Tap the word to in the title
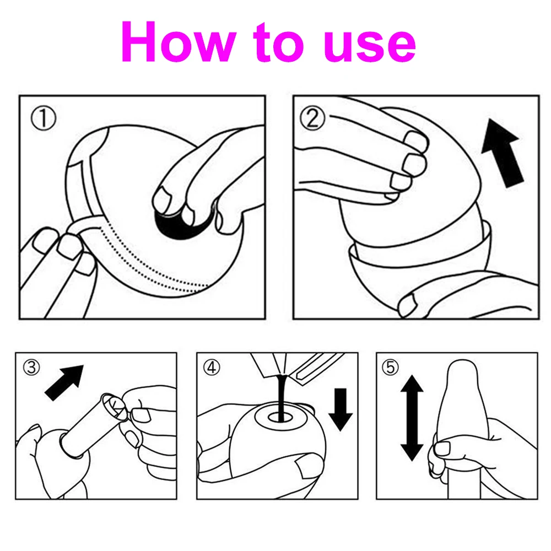[278, 41]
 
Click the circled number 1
[44, 118]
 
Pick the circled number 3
[31, 368]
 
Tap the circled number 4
[212, 368]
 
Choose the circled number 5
[391, 368]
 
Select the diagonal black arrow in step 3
[64, 383]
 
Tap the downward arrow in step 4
[341, 409]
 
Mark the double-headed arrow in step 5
[412, 418]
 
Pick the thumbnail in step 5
[442, 449]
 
